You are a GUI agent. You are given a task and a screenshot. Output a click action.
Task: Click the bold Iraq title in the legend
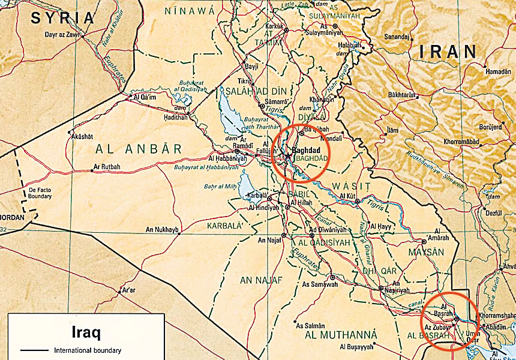(86, 331)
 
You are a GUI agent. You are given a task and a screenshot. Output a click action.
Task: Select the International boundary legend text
(88, 350)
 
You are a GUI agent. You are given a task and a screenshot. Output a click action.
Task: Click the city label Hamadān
(498, 71)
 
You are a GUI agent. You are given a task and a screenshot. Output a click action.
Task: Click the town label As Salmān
(311, 326)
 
